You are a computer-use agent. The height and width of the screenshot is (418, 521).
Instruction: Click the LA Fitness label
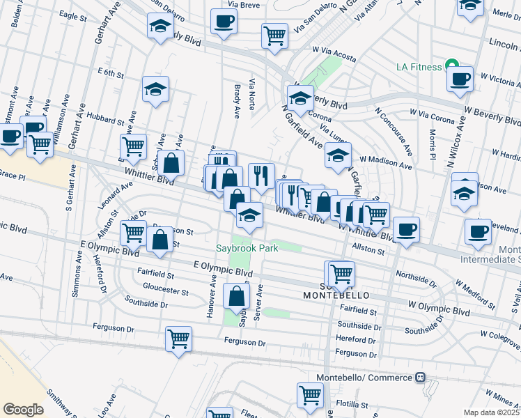tap(419, 67)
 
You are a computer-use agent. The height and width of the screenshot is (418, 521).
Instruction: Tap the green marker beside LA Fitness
tap(451, 66)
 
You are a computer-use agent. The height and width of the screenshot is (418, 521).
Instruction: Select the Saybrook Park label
tap(247, 248)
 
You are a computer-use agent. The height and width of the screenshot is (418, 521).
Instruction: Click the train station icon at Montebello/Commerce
tap(420, 377)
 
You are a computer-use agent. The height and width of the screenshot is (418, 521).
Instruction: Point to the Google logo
tap(23, 410)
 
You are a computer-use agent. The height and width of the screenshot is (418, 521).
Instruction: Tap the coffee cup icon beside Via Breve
tap(224, 22)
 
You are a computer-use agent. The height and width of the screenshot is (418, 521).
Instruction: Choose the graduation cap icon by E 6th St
tap(155, 88)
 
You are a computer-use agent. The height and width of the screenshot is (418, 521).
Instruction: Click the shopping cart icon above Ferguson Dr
tap(178, 339)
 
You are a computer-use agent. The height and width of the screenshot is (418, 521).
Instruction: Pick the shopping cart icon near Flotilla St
tap(310, 395)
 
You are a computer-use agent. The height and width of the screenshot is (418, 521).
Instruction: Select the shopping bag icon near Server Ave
tap(236, 295)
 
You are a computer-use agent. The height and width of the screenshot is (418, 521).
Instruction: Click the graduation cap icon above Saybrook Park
tap(249, 215)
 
